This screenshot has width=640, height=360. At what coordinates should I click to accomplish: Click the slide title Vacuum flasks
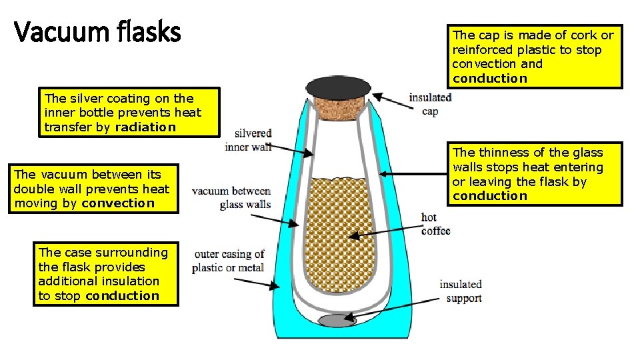click(x=97, y=31)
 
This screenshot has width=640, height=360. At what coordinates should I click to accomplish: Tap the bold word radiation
click(x=145, y=127)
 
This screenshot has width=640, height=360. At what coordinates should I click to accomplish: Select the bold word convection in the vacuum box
click(x=117, y=203)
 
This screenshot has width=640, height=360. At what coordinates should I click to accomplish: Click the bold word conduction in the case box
click(x=123, y=296)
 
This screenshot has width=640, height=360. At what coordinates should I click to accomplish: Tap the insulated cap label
click(x=430, y=104)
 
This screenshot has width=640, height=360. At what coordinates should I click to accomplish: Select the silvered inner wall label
click(x=248, y=141)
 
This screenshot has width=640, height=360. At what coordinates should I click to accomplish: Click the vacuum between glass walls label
click(x=231, y=198)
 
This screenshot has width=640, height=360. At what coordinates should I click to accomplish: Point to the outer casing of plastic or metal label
click(x=229, y=261)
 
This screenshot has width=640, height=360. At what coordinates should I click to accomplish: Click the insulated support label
click(x=461, y=291)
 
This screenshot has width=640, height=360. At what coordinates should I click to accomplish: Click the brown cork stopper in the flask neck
click(x=338, y=109)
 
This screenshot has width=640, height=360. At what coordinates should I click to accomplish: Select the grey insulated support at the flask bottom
click(x=338, y=321)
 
